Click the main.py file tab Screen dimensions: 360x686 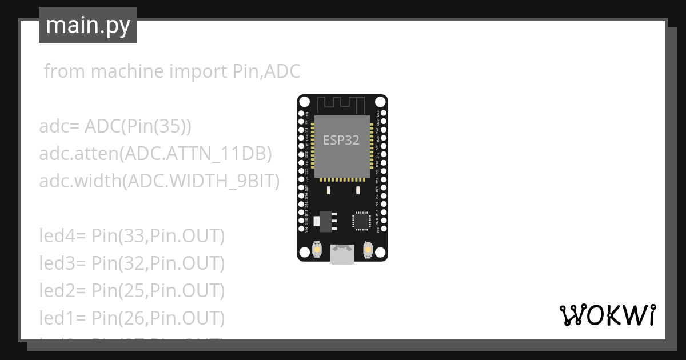coord(88,25)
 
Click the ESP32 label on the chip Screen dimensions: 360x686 coord(341,140)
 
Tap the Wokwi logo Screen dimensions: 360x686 coord(607,315)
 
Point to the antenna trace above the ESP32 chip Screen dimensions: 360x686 coord(342,105)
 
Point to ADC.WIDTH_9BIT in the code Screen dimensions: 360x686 coord(204,181)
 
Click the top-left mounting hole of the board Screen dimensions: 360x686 coord(305,102)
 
